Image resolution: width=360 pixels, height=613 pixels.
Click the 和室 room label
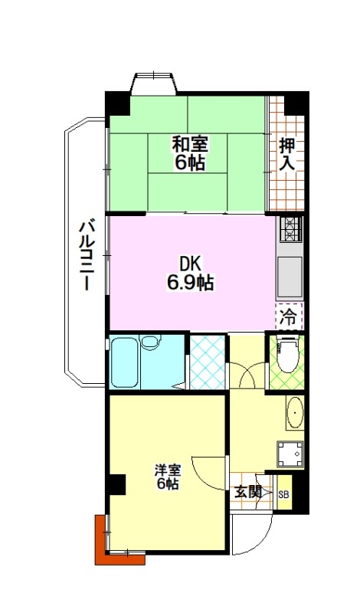(191, 143)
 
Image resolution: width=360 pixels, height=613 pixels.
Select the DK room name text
(191, 264)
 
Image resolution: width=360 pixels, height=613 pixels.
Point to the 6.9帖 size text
(191, 282)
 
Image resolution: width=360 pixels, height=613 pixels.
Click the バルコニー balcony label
(87, 255)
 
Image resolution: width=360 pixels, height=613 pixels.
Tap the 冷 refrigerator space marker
(289, 316)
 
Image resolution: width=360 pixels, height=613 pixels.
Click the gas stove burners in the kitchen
(290, 228)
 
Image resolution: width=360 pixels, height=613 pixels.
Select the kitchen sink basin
(290, 277)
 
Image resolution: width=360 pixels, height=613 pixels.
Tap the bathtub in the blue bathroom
(124, 362)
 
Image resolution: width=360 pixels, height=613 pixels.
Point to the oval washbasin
(295, 413)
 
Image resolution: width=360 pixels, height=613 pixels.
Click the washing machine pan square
(290, 454)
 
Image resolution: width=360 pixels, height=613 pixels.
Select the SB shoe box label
(283, 494)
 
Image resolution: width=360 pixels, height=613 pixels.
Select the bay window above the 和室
(154, 83)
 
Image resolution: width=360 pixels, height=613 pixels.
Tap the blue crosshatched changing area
(207, 362)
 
